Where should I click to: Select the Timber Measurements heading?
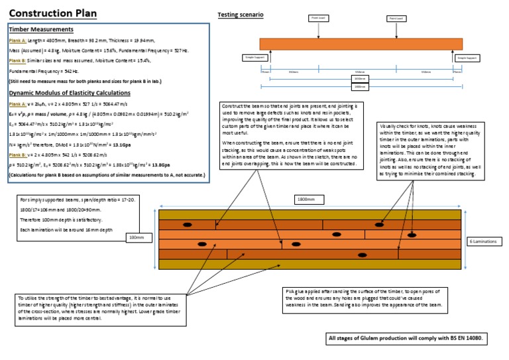point(40,29)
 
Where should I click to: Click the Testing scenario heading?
point(240,15)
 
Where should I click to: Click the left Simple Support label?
point(253,58)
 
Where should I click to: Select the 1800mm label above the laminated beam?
point(306,198)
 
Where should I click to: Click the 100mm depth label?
point(135,237)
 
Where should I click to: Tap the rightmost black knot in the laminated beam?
point(412,235)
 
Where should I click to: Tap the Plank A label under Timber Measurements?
point(18,39)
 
